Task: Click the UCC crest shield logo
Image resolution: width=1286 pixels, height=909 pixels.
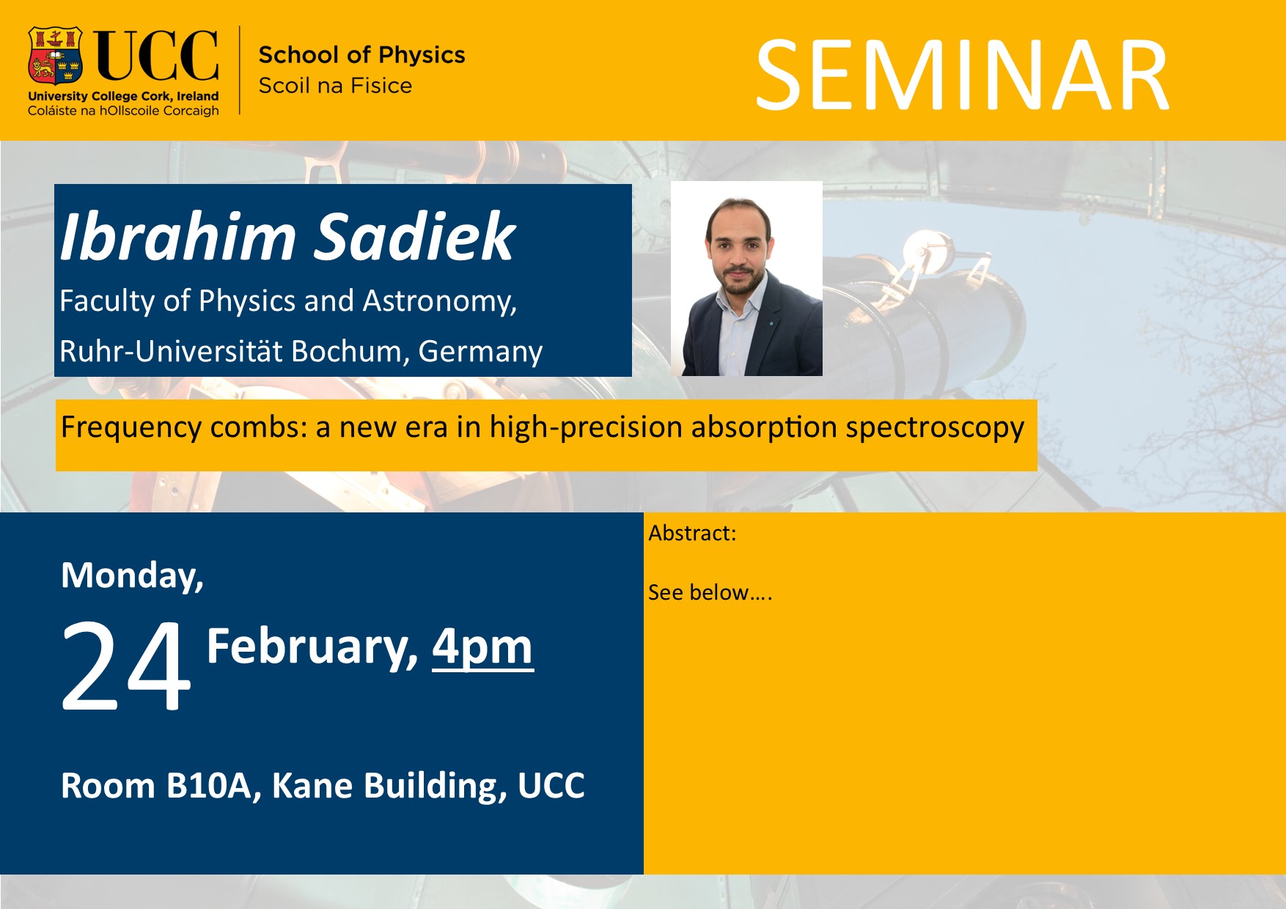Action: click(x=55, y=56)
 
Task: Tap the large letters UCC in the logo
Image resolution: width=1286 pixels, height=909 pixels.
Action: click(x=156, y=56)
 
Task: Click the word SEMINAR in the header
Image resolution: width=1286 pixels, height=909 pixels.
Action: click(x=962, y=76)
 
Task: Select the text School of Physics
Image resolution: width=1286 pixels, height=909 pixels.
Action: click(x=361, y=55)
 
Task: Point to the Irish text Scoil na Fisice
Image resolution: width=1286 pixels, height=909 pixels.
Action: click(x=335, y=86)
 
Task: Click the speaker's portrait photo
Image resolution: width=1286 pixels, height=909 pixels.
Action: click(x=746, y=279)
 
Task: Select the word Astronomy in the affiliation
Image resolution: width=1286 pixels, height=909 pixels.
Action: click(x=440, y=301)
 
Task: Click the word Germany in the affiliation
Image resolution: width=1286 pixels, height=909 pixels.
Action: click(x=480, y=352)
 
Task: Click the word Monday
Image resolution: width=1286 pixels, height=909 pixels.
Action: click(x=132, y=575)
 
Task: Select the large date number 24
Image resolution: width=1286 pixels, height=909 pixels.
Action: click(x=125, y=666)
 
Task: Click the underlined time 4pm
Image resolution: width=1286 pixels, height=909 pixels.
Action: click(x=482, y=648)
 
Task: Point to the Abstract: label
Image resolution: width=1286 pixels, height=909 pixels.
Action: click(x=692, y=533)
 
